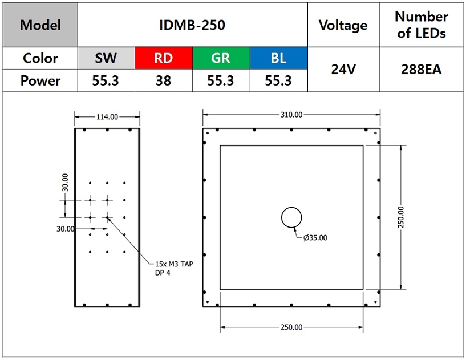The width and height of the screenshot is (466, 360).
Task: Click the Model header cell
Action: click(x=40, y=25)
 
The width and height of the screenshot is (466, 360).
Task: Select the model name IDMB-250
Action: click(x=192, y=25)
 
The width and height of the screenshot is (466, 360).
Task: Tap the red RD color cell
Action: click(x=164, y=58)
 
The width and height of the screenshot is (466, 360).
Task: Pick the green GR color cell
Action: click(x=221, y=58)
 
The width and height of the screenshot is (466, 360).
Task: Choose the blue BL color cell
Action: click(x=279, y=58)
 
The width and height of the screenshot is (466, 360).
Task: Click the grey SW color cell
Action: click(x=106, y=58)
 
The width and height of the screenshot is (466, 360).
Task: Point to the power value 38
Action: click(x=164, y=80)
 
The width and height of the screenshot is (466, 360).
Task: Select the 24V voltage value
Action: click(x=343, y=70)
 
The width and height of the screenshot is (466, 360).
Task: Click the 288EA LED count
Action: click(x=421, y=70)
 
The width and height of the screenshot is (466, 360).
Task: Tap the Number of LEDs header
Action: click(x=421, y=25)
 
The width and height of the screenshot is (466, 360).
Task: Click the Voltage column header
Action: click(x=343, y=25)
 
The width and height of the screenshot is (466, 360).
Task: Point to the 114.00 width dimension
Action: click(x=107, y=117)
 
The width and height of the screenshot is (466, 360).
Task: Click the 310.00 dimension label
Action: click(x=291, y=115)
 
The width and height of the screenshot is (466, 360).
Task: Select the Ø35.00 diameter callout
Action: click(x=315, y=238)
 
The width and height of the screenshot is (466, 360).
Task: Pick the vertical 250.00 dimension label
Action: click(x=401, y=217)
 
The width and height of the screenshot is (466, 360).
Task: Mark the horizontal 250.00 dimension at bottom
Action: click(x=291, y=327)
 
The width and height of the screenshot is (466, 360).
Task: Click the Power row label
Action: click(x=40, y=80)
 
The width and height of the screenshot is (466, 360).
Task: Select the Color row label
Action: click(x=40, y=58)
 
